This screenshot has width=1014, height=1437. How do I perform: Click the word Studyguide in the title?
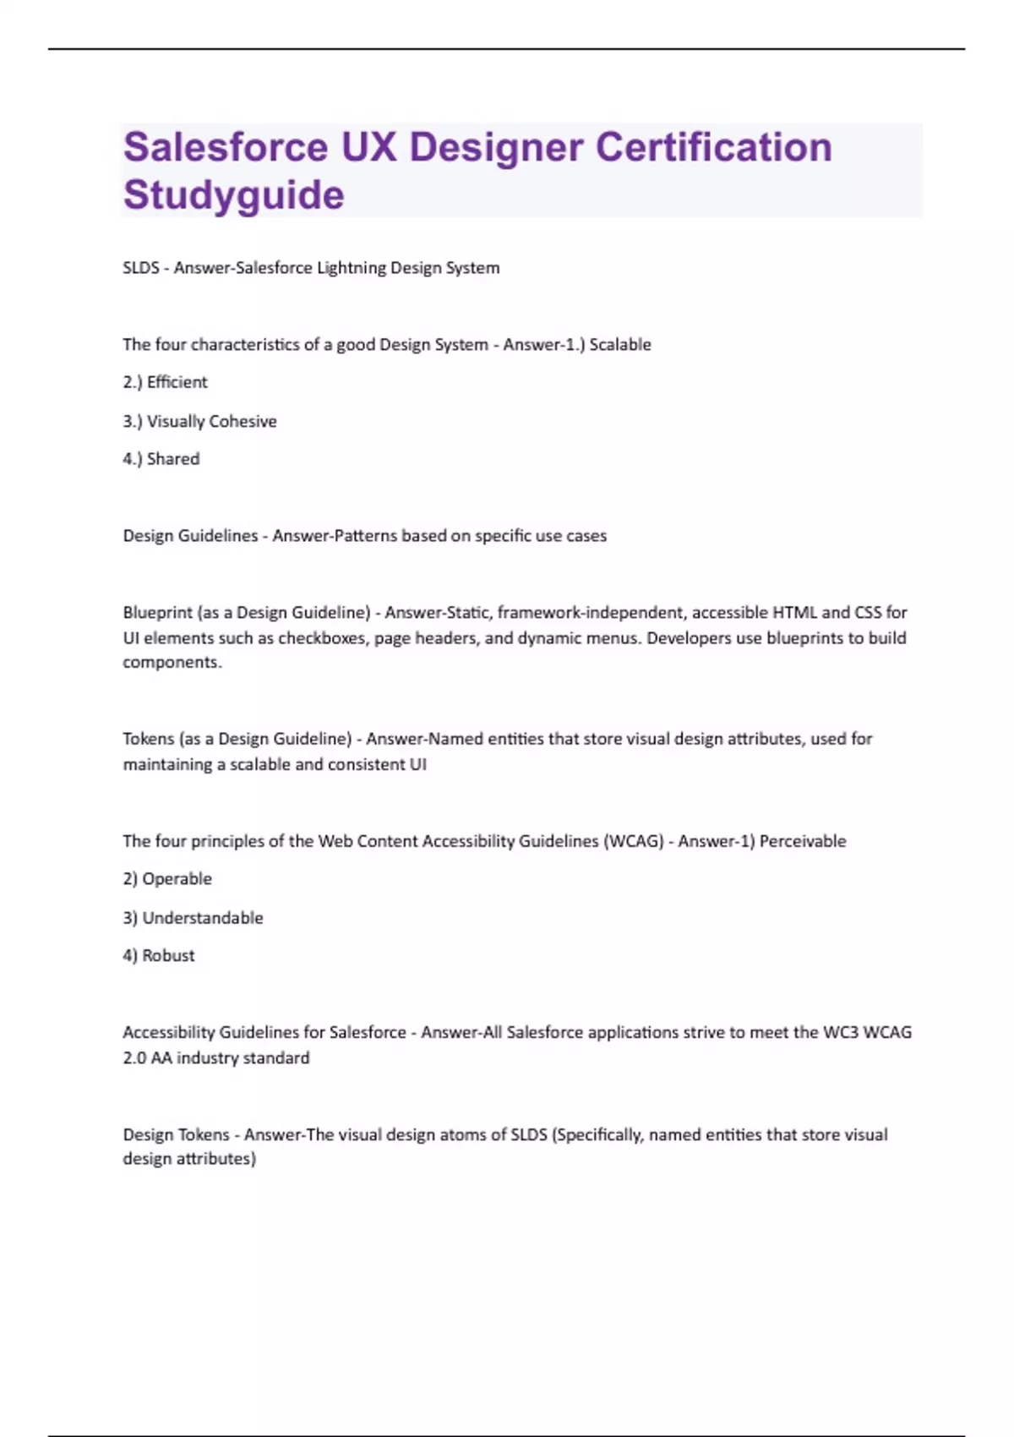234,194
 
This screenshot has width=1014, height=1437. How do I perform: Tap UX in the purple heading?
368,147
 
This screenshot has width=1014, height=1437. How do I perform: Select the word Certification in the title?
714,147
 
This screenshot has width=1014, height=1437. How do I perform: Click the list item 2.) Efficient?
165,382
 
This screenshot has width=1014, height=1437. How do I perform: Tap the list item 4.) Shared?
161,459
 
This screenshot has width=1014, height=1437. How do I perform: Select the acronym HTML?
794,612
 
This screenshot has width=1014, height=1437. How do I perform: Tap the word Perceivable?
803,841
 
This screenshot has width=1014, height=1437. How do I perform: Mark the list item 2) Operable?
167,879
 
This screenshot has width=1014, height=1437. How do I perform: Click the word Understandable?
203,918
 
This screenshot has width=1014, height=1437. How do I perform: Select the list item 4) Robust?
159,956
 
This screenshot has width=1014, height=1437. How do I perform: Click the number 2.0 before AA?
134,1057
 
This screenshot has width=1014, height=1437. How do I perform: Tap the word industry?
207,1057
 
